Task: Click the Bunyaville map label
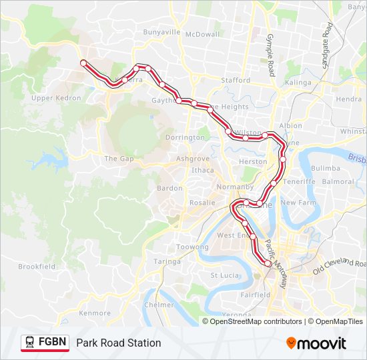(161, 31)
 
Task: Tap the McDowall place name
(202, 34)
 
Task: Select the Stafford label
(236, 80)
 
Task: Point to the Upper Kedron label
(56, 98)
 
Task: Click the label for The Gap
(119, 159)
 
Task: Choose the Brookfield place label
(37, 266)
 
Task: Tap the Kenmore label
(95, 313)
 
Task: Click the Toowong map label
(192, 247)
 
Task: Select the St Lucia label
(224, 275)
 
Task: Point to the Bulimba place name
(326, 169)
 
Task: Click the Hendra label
(349, 99)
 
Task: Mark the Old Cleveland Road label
(340, 266)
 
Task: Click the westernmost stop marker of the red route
(83, 63)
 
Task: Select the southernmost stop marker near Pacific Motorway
(268, 264)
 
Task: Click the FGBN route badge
(45, 343)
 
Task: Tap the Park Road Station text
(118, 343)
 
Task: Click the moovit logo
(316, 343)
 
